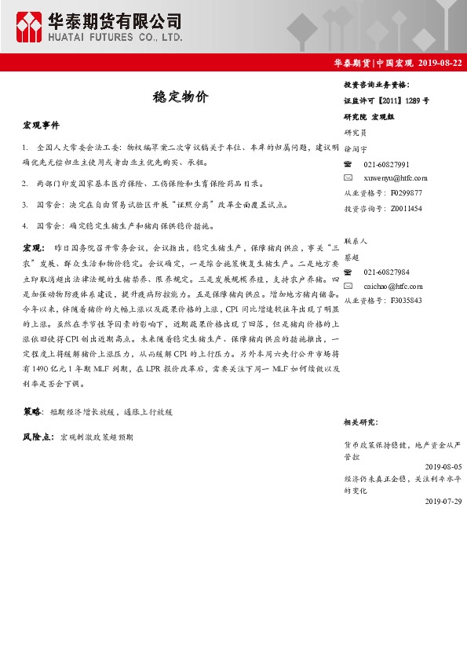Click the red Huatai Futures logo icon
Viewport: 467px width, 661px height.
click(x=30, y=27)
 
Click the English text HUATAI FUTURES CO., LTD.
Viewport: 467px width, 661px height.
click(x=116, y=37)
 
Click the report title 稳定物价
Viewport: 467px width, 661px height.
click(x=180, y=97)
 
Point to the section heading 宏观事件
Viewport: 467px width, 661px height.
click(x=41, y=126)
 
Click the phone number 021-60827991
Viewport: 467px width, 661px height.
click(x=386, y=164)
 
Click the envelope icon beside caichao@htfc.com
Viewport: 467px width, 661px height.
click(x=348, y=287)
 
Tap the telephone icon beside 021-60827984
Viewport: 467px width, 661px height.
click(x=348, y=272)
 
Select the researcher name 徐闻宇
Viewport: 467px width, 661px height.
click(x=356, y=148)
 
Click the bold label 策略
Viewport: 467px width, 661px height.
click(x=32, y=411)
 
